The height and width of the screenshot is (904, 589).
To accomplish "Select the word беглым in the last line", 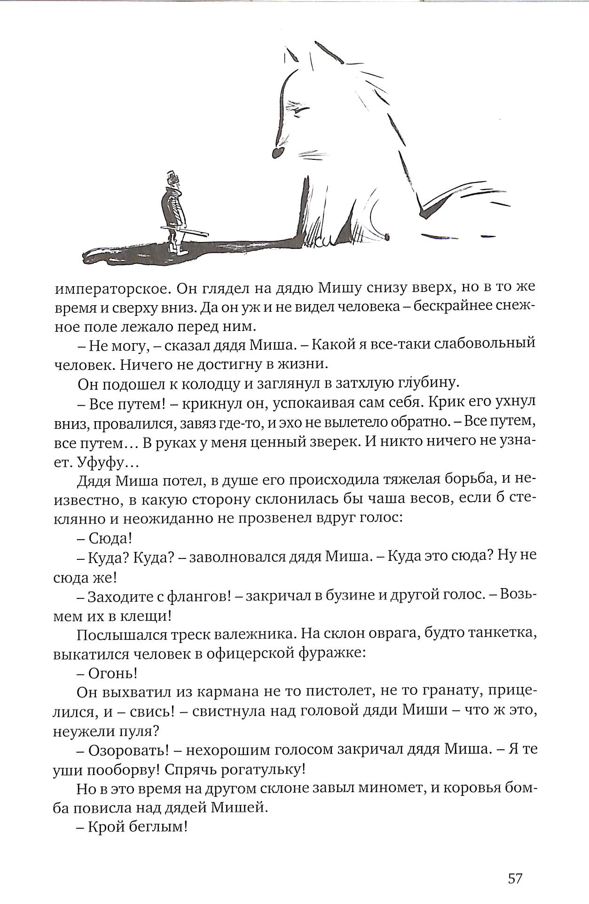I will [x=158, y=828].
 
